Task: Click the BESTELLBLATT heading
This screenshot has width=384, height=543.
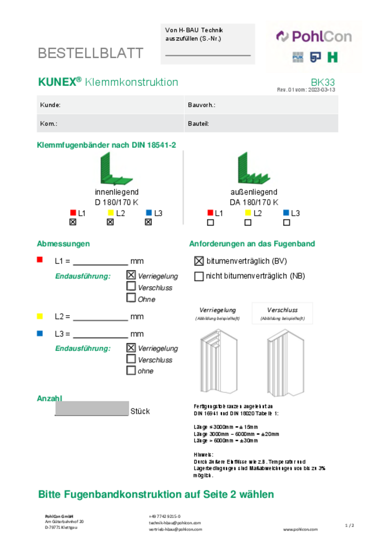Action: pos(91,53)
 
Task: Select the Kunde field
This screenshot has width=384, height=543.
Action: pos(110,105)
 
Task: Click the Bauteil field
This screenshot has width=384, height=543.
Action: pos(261,123)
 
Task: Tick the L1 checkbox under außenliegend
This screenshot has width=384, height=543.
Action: pos(210,222)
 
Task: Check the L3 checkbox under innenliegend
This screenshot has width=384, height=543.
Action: pos(148,222)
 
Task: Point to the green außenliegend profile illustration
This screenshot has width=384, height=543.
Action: pos(253,169)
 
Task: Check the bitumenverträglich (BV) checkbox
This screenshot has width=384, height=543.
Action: pos(199,261)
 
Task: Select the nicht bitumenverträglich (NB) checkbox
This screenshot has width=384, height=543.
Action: pos(199,276)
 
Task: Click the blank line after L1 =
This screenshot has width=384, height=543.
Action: pos(100,262)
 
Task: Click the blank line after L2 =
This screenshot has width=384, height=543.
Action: pos(100,317)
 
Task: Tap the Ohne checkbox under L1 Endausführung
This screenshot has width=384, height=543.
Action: pos(131,297)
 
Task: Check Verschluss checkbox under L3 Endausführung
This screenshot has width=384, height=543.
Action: pos(131,359)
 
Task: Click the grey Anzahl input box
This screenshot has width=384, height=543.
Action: pos(92,408)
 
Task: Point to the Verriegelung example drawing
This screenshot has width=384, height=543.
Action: pos(218,361)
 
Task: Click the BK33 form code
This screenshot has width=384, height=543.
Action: pos(322,82)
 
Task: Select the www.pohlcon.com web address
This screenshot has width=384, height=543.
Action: pos(300,529)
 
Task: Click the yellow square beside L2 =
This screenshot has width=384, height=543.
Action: pos(40,316)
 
